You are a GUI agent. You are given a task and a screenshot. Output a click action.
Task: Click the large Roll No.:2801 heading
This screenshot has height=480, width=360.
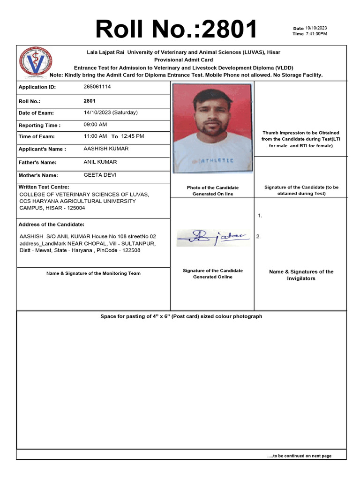pos(176,29)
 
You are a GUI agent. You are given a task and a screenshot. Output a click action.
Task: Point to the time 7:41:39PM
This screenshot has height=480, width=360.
pos(316,34)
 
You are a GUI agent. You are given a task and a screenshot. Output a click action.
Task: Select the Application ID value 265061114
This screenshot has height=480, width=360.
pos(97,87)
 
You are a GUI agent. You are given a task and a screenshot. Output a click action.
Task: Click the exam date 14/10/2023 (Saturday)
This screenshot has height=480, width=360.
pos(111,112)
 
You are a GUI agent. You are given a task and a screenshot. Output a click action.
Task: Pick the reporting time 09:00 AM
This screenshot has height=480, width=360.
pos(95,125)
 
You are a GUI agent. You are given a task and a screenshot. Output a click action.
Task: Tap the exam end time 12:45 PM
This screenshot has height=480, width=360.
pos(133,136)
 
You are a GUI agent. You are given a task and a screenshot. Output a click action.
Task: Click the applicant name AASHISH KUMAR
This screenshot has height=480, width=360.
pos(106,149)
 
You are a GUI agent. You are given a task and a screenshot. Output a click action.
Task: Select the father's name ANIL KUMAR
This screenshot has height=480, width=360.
pos(100,162)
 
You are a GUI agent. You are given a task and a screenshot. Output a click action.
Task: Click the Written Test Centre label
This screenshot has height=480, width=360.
pos(44,187)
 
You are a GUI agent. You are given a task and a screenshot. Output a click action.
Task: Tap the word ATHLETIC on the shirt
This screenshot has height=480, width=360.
pos(217,161)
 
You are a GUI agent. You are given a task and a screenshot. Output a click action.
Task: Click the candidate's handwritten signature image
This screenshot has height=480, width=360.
pos(213,238)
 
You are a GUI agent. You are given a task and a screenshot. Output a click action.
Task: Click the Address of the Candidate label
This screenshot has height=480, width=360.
pos(52,225)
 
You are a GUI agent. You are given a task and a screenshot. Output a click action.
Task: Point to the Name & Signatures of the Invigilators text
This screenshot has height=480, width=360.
pos(301,275)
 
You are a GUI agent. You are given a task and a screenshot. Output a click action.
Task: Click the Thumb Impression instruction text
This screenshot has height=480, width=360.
pos(300,139)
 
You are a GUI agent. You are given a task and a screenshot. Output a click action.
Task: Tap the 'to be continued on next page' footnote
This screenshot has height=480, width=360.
pos(299,456)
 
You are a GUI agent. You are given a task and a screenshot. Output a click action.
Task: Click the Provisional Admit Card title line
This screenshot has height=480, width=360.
pos(184,60)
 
